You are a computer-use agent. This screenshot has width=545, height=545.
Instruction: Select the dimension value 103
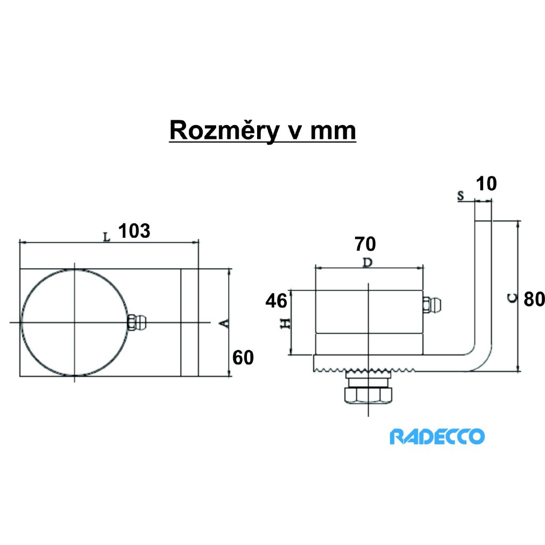tap(134, 231)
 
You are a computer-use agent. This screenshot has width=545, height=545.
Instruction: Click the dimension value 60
tap(243, 358)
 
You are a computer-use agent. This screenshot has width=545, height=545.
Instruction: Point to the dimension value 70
tap(365, 244)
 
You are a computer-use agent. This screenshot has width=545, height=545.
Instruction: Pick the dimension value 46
tap(276, 301)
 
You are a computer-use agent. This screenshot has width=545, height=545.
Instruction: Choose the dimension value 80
tap(534, 299)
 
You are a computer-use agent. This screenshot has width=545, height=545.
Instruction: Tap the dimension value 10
tap(486, 184)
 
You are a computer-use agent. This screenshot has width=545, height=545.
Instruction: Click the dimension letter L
tap(106, 237)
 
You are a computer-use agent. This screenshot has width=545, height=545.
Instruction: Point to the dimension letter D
tap(367, 263)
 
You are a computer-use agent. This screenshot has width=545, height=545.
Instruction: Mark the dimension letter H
tap(286, 323)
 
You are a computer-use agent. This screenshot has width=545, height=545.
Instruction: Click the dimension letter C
tap(511, 299)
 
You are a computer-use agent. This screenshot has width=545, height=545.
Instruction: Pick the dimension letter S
tap(461, 196)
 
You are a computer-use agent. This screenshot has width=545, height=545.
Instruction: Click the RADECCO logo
tap(437, 437)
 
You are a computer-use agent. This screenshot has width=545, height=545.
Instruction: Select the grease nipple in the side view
tap(432, 305)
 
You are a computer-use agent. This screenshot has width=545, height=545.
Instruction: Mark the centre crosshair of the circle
tap(75, 323)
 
